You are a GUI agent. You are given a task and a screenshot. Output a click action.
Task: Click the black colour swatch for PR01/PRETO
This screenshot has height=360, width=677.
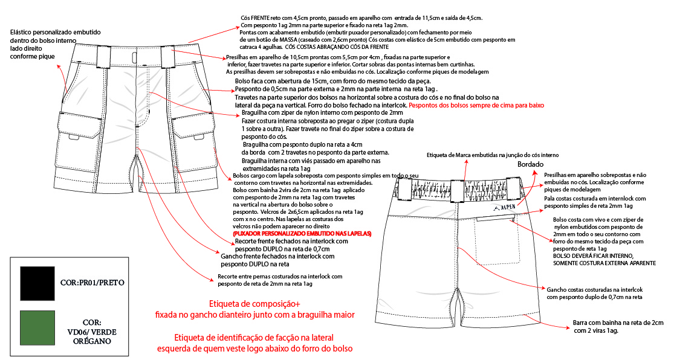(x=37, y=283)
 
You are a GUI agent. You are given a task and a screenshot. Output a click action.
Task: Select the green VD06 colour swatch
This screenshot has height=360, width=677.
(x=37, y=328)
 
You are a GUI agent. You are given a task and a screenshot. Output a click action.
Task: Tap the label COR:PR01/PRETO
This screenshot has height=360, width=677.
(x=92, y=283)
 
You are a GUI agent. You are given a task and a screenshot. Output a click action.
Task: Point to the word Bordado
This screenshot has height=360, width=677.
(x=531, y=164)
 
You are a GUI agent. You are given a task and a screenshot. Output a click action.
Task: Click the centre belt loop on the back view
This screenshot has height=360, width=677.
(x=457, y=191)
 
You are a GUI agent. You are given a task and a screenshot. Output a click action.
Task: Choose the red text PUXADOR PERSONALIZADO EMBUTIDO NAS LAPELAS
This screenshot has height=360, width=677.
(x=302, y=234)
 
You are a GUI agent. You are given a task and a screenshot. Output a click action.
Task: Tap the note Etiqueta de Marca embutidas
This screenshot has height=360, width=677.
(x=493, y=155)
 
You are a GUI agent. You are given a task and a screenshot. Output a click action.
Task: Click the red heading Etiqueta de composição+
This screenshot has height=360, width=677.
(x=254, y=303)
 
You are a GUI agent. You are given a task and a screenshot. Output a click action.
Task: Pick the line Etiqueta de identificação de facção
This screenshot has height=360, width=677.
(x=254, y=338)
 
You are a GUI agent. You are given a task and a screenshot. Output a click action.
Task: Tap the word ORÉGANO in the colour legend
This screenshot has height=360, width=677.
(x=91, y=341)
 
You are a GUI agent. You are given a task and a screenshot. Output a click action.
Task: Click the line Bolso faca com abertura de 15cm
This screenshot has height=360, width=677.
(x=333, y=81)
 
